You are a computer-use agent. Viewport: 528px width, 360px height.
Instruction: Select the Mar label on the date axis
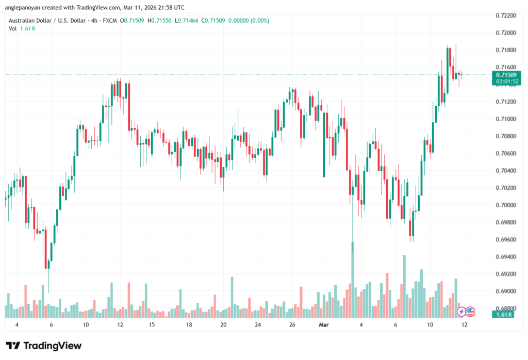324,325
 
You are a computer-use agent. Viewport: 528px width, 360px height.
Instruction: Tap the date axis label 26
292,325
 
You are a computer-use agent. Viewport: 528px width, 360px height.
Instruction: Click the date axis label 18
189,325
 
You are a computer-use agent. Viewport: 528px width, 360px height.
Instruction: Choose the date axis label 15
152,325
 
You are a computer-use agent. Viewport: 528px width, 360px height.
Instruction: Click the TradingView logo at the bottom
44,346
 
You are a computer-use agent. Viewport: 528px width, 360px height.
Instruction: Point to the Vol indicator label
13,28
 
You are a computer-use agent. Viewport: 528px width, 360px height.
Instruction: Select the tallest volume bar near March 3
353,279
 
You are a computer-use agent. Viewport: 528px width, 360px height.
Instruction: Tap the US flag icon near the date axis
470,312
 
